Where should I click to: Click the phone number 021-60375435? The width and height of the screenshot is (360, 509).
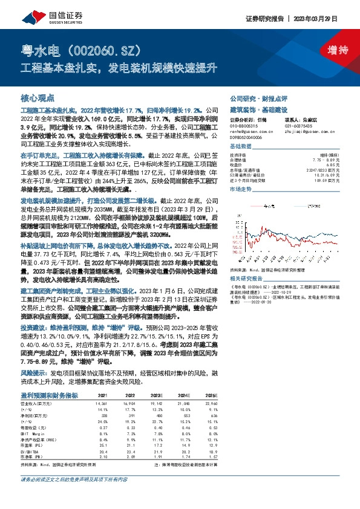(x=300, y=125)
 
